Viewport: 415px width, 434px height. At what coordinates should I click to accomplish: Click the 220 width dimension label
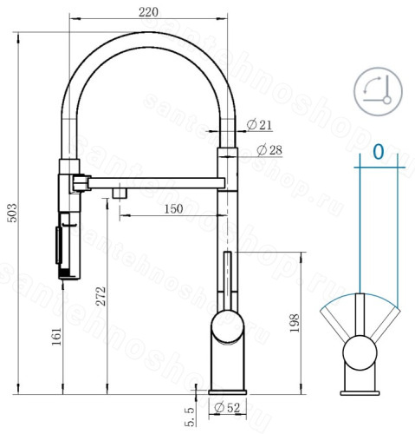pyautogui.click(x=148, y=12)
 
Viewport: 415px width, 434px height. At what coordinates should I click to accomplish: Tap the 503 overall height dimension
pyautogui.click(x=13, y=213)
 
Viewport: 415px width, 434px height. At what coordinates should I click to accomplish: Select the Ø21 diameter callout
pyautogui.click(x=259, y=125)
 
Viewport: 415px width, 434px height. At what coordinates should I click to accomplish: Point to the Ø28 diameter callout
pyautogui.click(x=269, y=150)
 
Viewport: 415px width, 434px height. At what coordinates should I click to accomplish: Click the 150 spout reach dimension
pyautogui.click(x=173, y=208)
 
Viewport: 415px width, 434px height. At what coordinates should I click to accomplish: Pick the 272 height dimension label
pyautogui.click(x=101, y=296)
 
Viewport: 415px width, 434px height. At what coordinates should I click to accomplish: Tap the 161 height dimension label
pyautogui.click(x=56, y=336)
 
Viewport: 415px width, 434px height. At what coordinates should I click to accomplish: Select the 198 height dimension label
pyautogui.click(x=295, y=323)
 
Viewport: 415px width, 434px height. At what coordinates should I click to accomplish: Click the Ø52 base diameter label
pyautogui.click(x=227, y=408)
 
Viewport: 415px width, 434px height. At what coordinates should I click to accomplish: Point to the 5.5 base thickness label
pyautogui.click(x=190, y=417)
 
